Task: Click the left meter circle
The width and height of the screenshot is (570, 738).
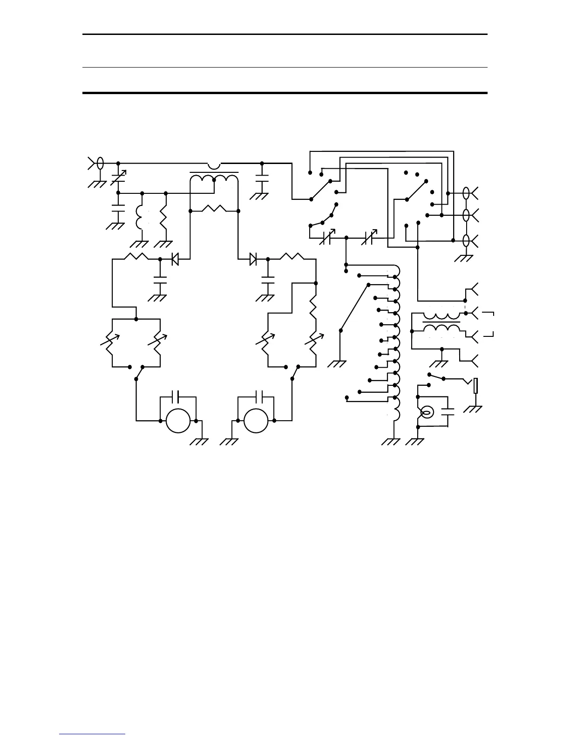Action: click(x=178, y=421)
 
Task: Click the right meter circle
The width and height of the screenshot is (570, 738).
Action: click(x=256, y=421)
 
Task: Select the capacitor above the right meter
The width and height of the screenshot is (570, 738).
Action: click(x=256, y=397)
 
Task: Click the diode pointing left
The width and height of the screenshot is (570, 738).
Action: click(x=175, y=259)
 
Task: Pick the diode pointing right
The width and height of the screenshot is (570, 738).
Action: click(x=253, y=259)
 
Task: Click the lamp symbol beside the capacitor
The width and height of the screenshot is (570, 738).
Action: click(x=427, y=412)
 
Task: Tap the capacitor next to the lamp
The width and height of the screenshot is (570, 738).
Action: click(x=448, y=412)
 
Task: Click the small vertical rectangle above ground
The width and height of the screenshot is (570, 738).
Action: click(x=475, y=386)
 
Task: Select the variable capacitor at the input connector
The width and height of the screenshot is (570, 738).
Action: click(x=118, y=178)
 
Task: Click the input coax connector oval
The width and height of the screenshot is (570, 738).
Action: click(x=100, y=164)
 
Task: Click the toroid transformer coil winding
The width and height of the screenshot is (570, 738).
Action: click(x=214, y=179)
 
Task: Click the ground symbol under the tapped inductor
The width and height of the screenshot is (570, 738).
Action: click(x=390, y=441)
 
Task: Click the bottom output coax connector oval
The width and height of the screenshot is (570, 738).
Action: click(x=466, y=241)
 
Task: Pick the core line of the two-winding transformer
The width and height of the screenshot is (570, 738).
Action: click(x=441, y=322)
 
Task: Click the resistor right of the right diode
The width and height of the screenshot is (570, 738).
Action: click(x=292, y=256)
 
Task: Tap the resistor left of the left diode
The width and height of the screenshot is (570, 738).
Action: click(x=136, y=256)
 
